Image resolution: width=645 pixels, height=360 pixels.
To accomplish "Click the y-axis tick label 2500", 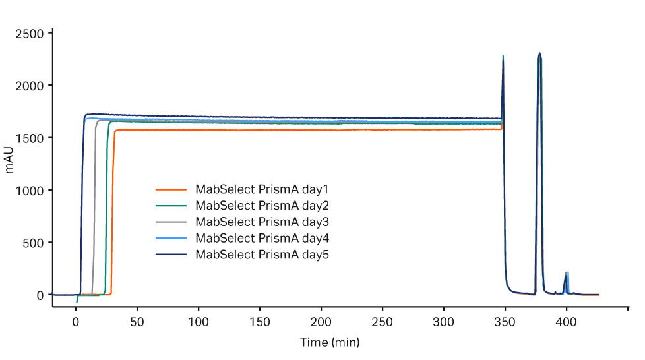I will pos(31,34).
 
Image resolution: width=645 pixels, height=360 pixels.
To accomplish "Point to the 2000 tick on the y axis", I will pos(31,86).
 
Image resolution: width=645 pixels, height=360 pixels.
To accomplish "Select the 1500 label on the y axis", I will pos(31,138).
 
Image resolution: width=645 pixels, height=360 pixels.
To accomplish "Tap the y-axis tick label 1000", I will pos(31,191).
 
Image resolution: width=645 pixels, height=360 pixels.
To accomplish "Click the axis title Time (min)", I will pos(330,343).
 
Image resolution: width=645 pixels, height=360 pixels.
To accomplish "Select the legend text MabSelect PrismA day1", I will pos(262,189).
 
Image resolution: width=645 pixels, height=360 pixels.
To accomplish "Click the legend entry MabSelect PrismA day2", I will pos(262,205).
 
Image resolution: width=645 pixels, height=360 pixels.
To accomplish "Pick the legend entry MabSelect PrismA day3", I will pos(262,221).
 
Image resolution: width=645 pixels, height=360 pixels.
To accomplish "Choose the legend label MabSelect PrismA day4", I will pos(262,237).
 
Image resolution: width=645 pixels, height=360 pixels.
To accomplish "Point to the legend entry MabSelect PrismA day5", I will pos(262,254).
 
